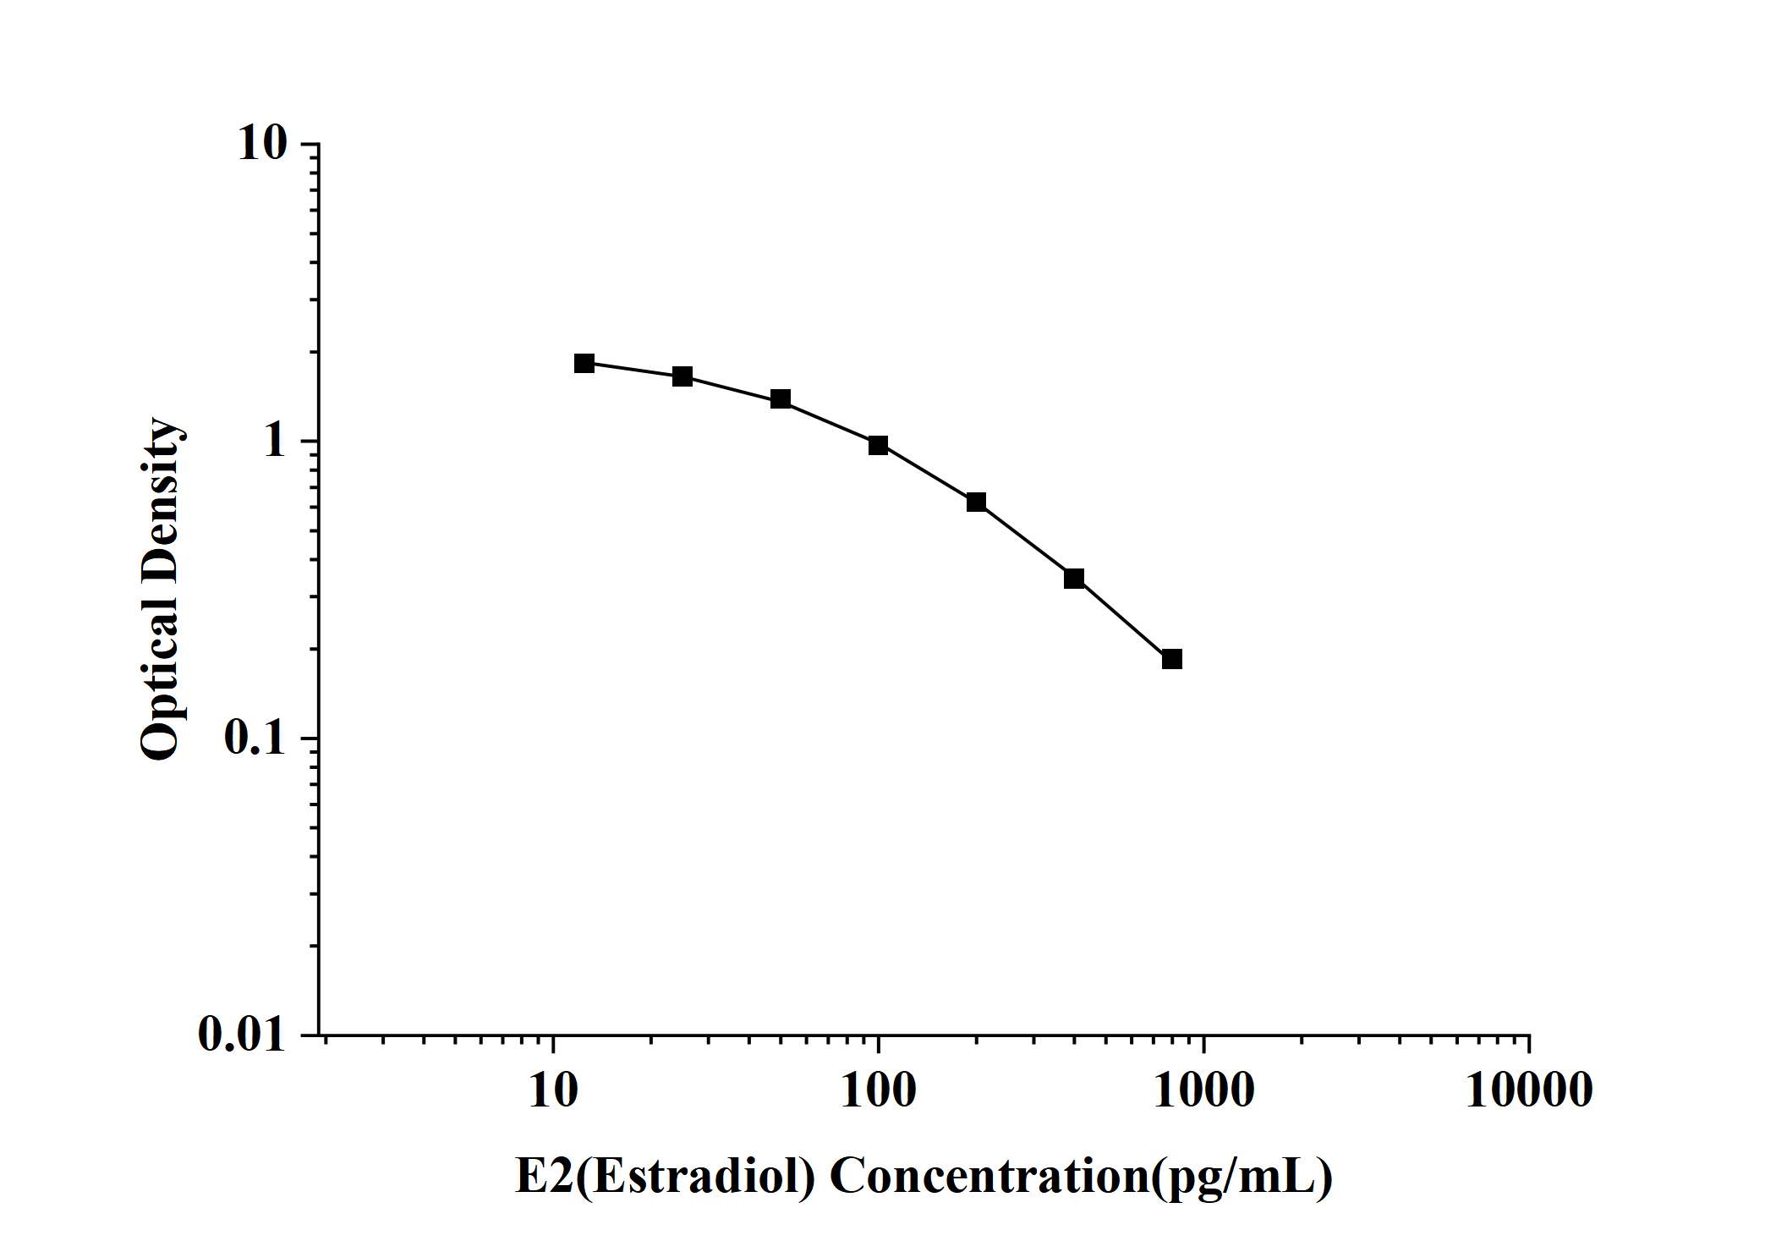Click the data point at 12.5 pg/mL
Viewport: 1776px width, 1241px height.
tap(584, 364)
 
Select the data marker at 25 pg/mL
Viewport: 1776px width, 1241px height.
tap(682, 376)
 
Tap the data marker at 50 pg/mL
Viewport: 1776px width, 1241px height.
tap(781, 399)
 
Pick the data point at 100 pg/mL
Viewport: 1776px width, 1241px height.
tap(878, 445)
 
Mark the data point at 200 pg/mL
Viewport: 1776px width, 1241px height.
tap(976, 502)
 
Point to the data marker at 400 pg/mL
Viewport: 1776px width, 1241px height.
tap(1074, 579)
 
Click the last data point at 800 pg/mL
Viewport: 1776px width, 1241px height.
tap(1171, 659)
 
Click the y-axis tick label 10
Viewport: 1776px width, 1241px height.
tap(262, 144)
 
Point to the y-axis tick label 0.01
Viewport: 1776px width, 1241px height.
tap(242, 1034)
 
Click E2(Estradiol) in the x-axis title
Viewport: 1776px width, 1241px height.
tap(665, 1176)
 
